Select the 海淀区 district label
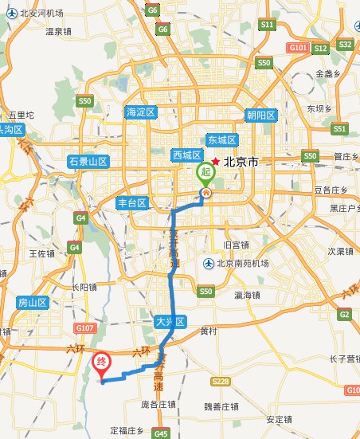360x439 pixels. pos(143,112)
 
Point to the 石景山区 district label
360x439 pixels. pos(88,161)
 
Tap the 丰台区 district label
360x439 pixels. pos(133,202)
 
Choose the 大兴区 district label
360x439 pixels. pos(170,322)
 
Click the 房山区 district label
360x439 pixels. pos(33,303)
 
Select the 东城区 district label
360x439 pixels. pos(223,139)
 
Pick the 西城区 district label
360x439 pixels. pos(189,155)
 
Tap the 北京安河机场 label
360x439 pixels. pos(40,14)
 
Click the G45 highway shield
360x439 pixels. pos(161,433)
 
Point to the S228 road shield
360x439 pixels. pos(220,382)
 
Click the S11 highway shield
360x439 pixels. pos(267,25)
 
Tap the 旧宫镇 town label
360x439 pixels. pos(237,245)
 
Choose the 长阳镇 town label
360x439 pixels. pos(84,287)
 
